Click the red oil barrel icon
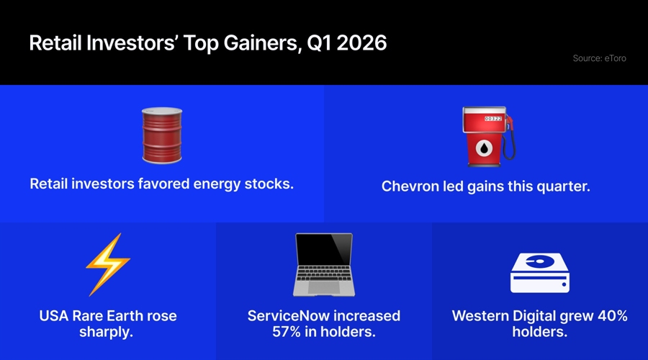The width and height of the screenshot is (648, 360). point(161,135)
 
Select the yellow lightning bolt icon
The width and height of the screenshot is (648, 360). point(108,264)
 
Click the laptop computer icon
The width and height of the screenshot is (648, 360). point(323,264)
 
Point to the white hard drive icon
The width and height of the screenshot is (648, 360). point(539,271)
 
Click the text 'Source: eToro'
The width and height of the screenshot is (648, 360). point(599,58)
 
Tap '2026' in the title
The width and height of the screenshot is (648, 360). point(361,43)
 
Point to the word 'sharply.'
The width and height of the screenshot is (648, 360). point(108,333)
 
